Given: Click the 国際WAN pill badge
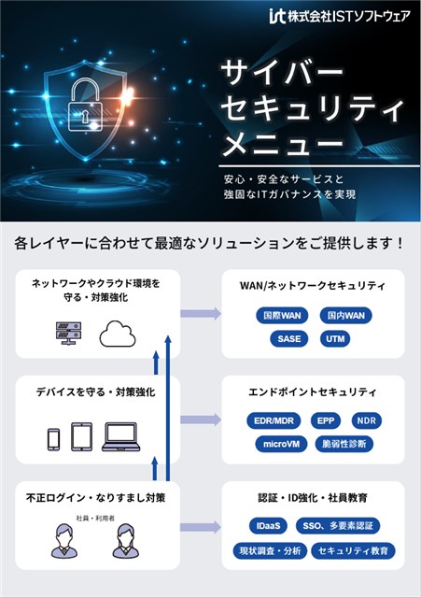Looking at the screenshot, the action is [282, 316].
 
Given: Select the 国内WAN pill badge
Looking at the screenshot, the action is [345, 316].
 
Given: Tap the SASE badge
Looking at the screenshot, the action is [288, 338].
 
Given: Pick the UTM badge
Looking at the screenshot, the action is [335, 338].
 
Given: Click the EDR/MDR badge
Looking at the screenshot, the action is [274, 420].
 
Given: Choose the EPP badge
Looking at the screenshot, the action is [326, 420].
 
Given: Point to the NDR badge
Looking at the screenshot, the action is [367, 420].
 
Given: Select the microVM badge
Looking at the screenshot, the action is [281, 444].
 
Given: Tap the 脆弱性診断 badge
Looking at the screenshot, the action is [344, 444].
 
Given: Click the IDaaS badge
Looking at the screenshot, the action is [268, 526].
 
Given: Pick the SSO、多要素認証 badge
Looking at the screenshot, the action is [338, 526].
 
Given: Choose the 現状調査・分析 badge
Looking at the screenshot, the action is [270, 550].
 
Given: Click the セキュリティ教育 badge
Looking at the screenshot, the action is [353, 550].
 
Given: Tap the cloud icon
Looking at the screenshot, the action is [118, 334].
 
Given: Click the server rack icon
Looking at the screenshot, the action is [68, 333].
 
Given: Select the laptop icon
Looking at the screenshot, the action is [121, 436].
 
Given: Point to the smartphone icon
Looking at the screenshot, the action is [54, 439].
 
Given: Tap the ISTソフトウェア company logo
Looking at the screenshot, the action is [340, 16].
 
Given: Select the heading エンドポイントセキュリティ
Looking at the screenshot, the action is [313, 392].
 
